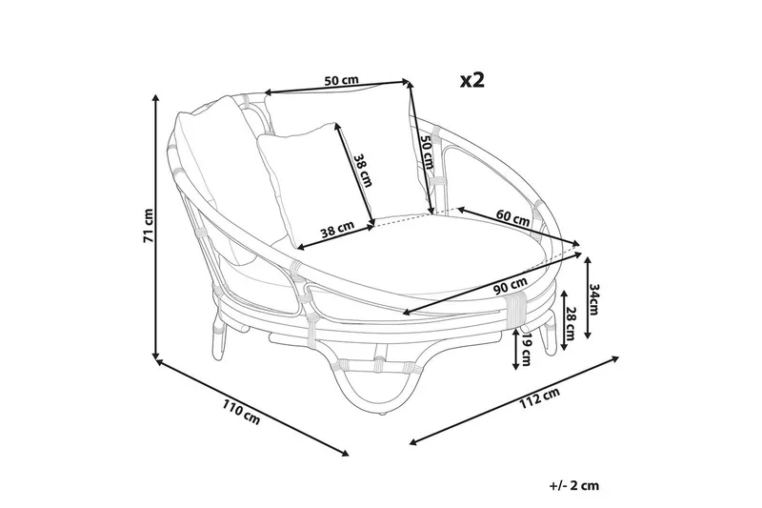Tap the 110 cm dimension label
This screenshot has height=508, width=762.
(242, 412)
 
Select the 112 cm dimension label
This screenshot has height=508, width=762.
(539, 396)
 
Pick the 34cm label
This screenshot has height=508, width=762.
(593, 299)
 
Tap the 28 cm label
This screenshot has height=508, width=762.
(571, 324)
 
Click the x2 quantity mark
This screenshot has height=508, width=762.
(472, 80)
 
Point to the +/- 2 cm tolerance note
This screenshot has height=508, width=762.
(574, 485)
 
